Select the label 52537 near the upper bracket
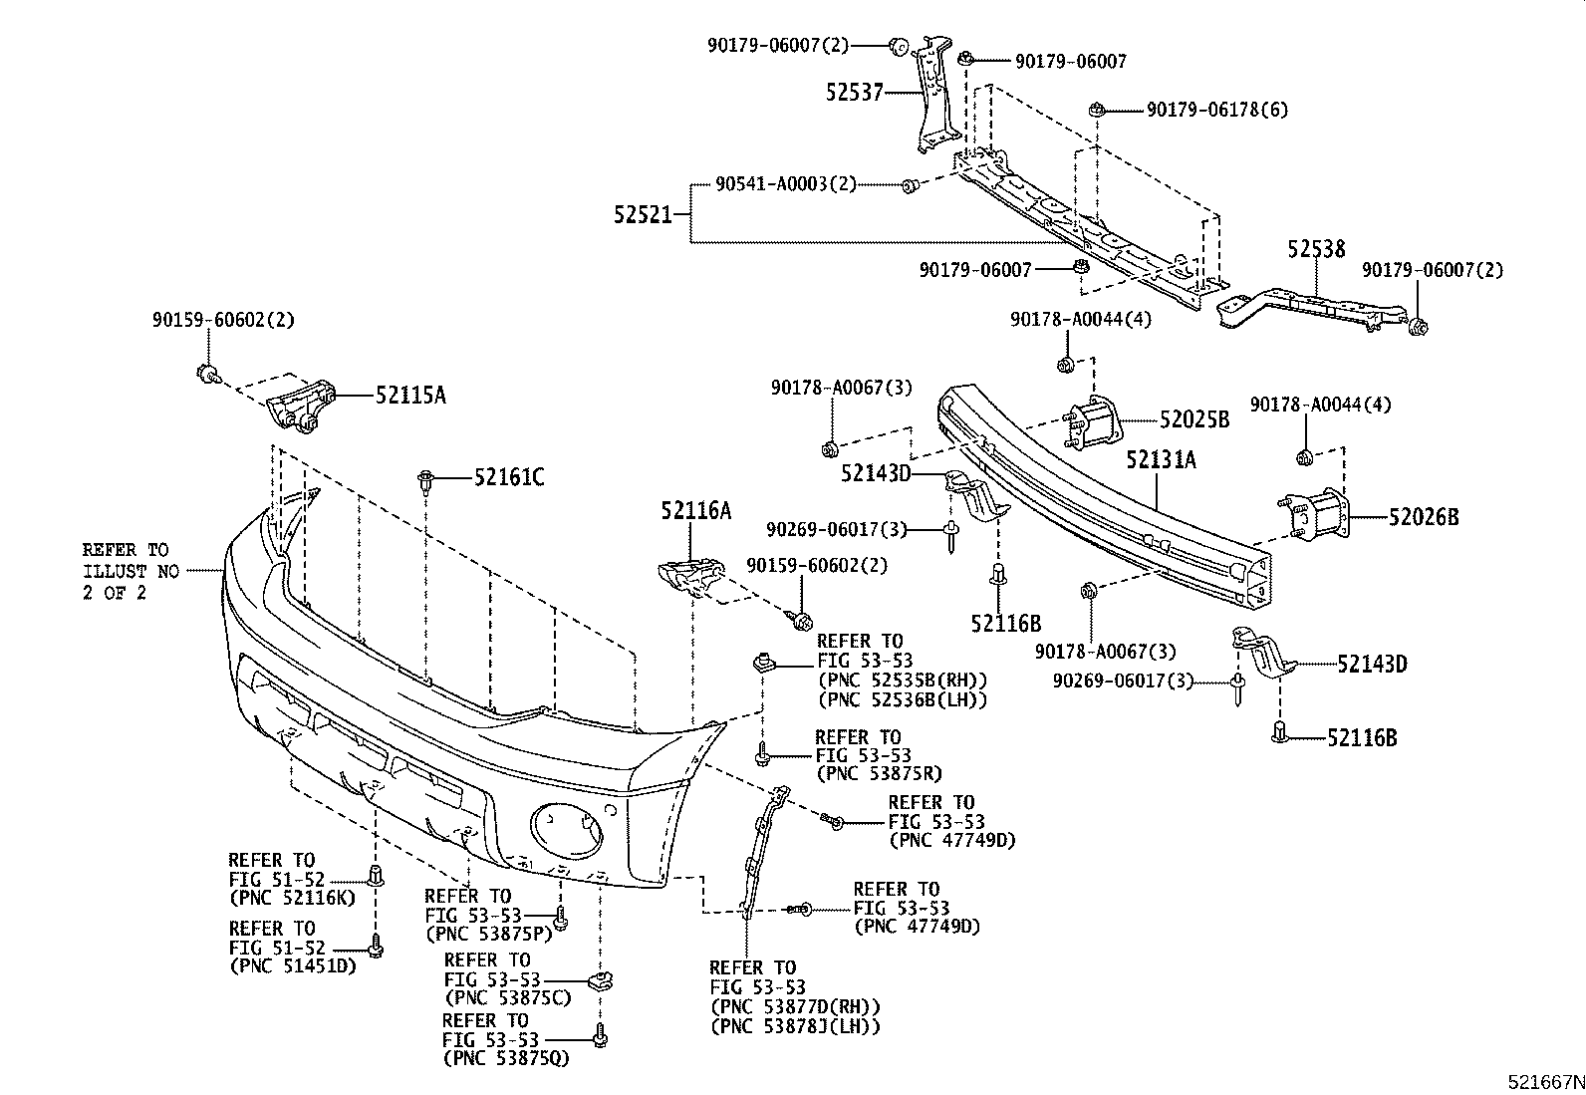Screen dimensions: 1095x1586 tap(854, 93)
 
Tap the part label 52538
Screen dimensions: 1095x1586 tap(1315, 249)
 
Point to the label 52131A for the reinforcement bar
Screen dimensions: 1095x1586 tap(1161, 459)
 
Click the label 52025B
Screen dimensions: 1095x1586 tap(1193, 420)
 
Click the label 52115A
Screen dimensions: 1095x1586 tap(410, 396)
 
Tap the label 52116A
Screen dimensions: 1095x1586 tap(694, 512)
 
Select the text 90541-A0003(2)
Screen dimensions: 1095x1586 tap(785, 184)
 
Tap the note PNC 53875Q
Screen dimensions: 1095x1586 tap(507, 1058)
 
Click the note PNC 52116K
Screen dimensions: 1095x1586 tap(292, 897)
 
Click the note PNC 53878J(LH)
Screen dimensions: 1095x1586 tap(795, 1026)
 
